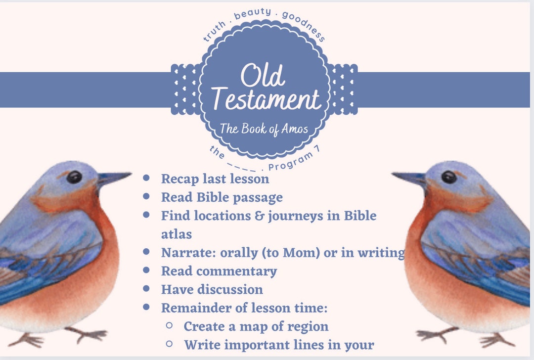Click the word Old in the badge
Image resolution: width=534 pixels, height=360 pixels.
[x=263, y=75]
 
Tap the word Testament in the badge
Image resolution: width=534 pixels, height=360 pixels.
[x=266, y=99]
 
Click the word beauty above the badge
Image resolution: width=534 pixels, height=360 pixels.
[x=252, y=13]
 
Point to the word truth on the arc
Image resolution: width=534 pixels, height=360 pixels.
[x=214, y=31]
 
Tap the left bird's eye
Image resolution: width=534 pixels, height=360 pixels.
[x=74, y=177]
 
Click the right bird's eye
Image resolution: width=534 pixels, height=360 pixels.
[x=449, y=177]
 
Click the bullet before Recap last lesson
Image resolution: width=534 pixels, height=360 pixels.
[x=146, y=178]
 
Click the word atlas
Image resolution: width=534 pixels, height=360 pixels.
[x=177, y=234]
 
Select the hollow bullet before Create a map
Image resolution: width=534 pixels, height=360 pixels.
[x=169, y=325]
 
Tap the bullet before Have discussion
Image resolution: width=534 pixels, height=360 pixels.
[x=146, y=288]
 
